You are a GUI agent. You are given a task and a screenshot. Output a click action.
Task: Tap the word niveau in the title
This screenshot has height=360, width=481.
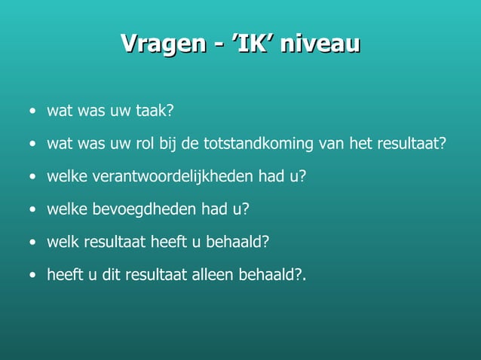click(320, 43)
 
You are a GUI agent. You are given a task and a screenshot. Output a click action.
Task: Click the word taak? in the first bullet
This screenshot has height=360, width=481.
click(155, 111)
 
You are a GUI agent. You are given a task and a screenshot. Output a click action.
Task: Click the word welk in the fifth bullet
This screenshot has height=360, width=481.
click(62, 242)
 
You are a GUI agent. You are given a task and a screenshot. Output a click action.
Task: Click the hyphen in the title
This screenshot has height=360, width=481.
click(218, 44)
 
